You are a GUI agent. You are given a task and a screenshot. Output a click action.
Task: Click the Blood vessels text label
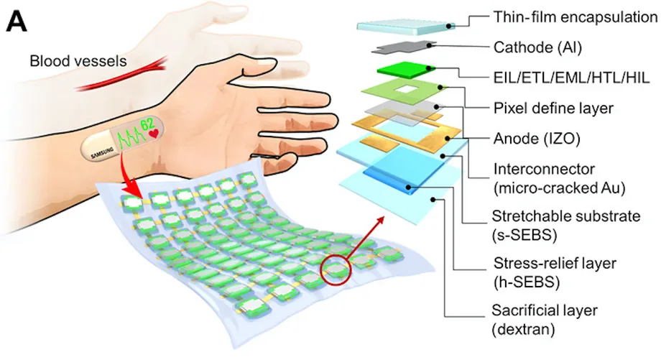78,61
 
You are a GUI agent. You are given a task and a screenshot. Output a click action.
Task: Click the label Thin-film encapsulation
576,17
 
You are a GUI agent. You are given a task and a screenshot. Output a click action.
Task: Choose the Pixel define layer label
553,109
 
